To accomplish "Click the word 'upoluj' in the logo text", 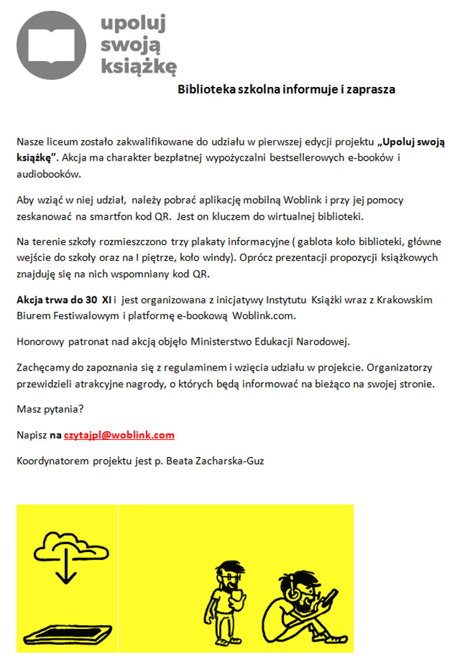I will [133, 23].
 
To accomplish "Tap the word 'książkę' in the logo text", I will [139, 65].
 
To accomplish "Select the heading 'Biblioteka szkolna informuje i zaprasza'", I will [286, 89].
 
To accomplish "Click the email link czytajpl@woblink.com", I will [119, 435].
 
